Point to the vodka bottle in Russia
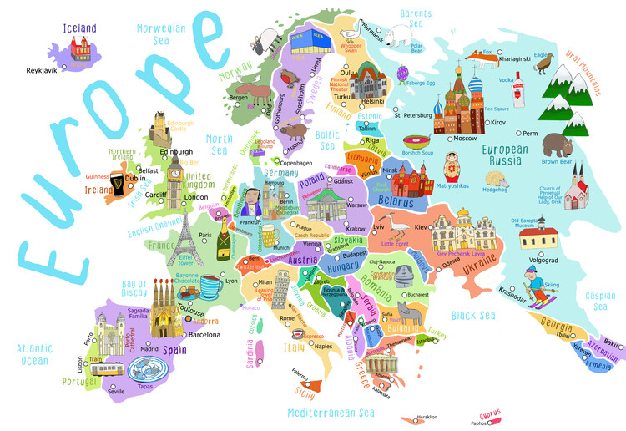click(x=519, y=84)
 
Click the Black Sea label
click(x=473, y=315)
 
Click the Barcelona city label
click(x=204, y=334)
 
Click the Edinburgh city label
click(x=164, y=151)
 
